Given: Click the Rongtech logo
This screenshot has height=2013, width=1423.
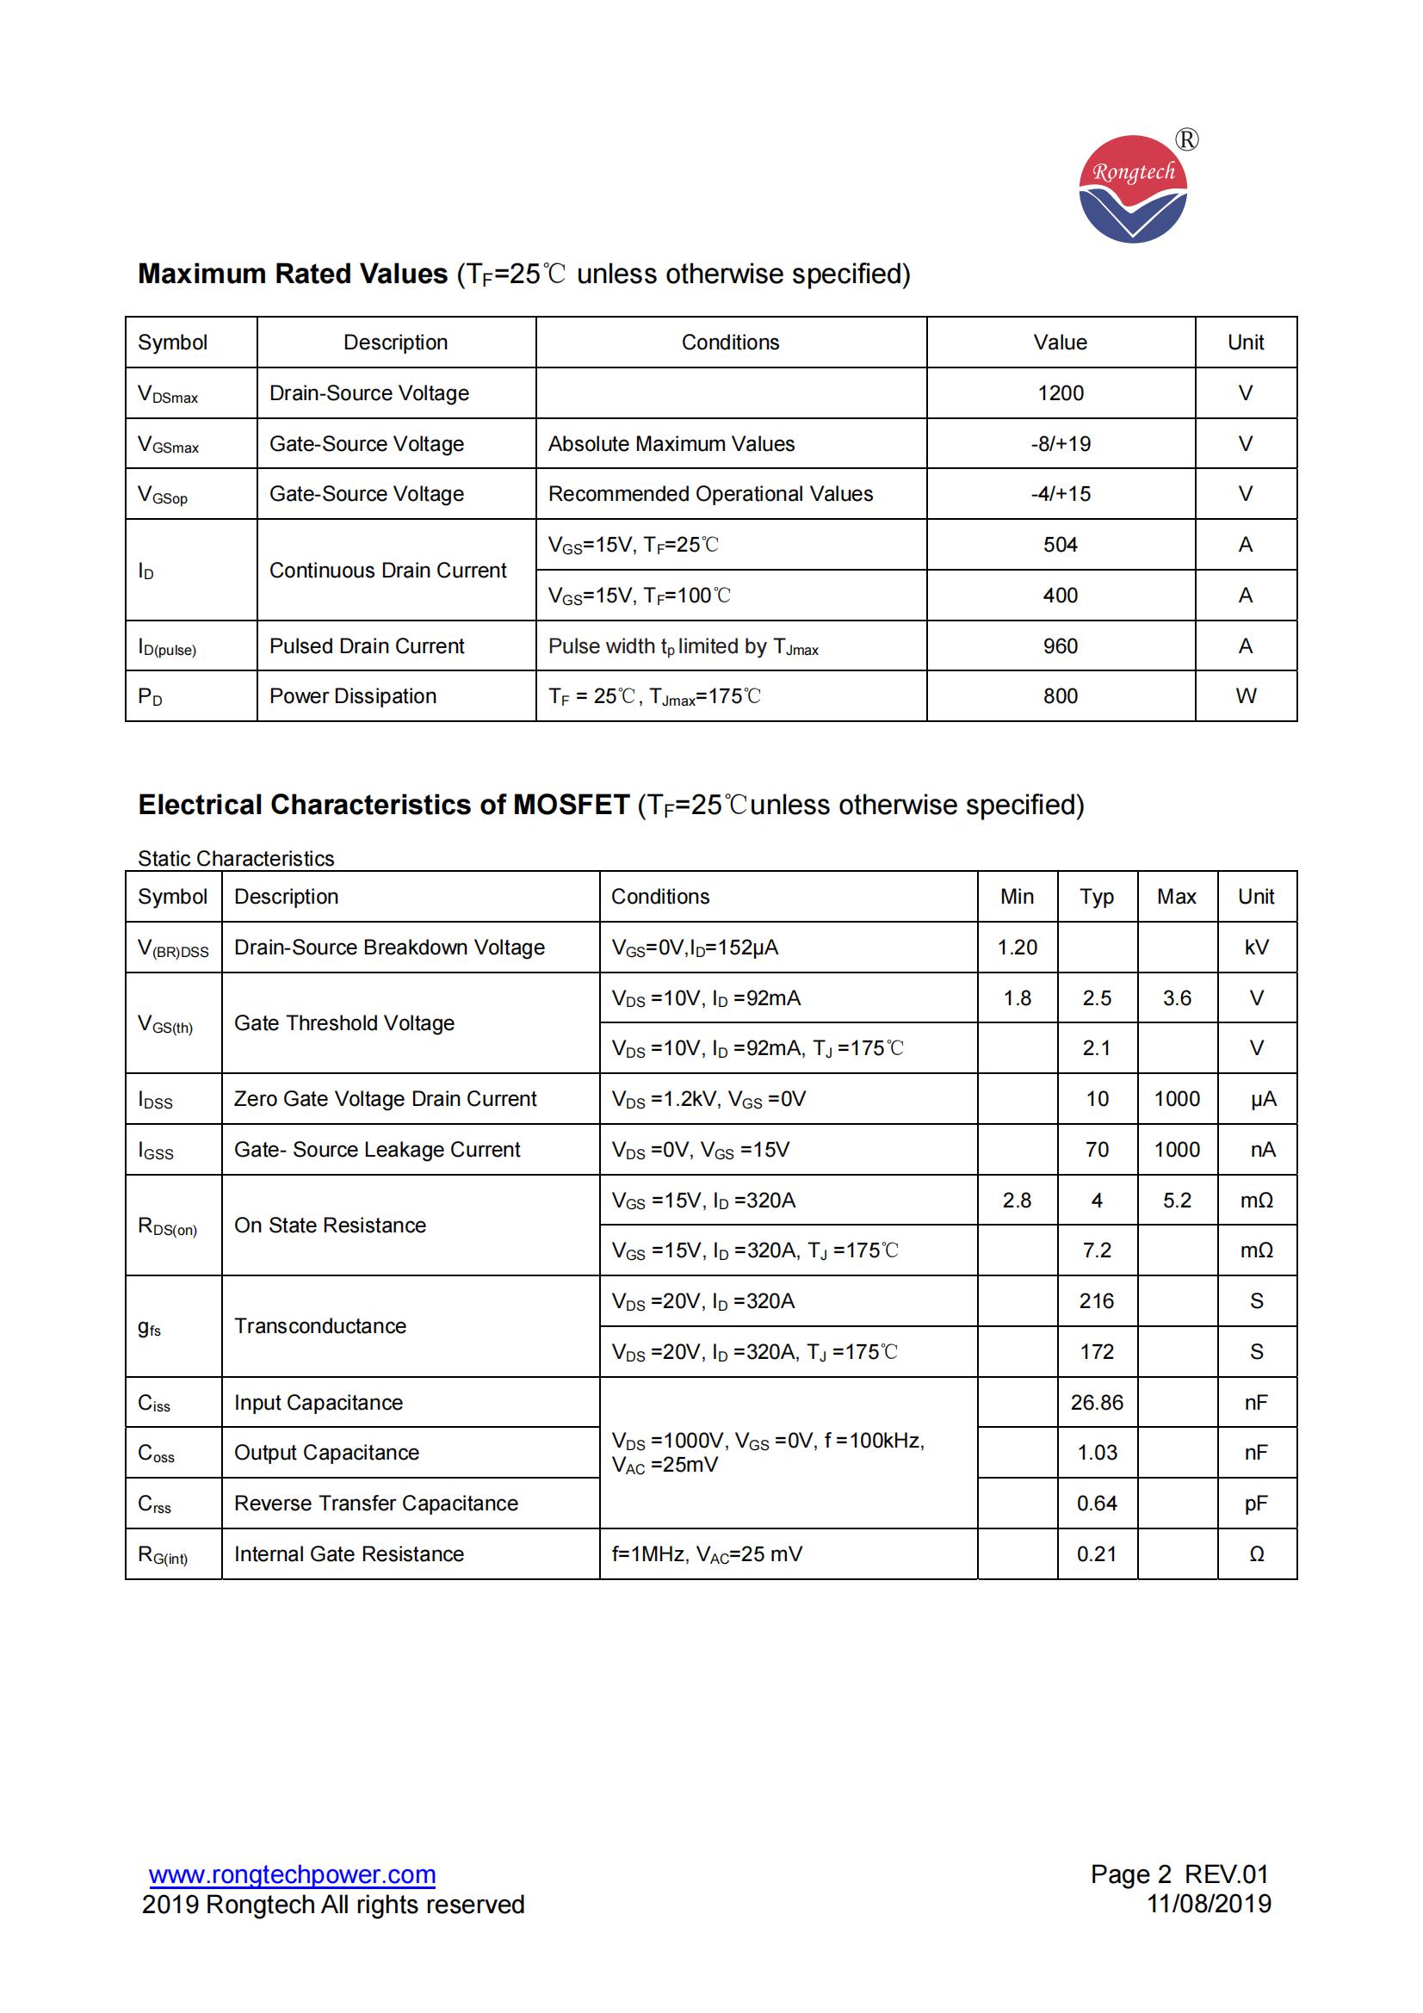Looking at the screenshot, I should (x=1132, y=188).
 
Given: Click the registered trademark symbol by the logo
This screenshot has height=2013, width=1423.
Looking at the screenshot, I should (x=1186, y=140).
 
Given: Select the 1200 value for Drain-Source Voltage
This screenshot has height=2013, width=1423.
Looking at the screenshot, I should (x=1060, y=393).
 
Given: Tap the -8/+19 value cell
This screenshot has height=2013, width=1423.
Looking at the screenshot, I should (x=1060, y=443).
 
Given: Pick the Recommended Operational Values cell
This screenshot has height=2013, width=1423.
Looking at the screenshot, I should (x=710, y=495).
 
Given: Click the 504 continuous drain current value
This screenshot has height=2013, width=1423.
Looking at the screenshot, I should (x=1060, y=546).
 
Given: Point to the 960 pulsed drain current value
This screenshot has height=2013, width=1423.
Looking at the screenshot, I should (x=1060, y=646).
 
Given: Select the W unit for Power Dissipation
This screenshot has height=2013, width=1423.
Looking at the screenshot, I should (x=1245, y=696).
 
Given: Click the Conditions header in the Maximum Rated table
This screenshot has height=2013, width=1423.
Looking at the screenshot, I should (x=730, y=343).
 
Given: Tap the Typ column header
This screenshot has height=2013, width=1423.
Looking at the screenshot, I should (x=1097, y=897).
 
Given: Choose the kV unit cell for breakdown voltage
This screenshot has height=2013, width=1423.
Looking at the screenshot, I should (x=1256, y=948).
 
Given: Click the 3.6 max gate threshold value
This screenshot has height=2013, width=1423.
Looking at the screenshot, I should (x=1177, y=998).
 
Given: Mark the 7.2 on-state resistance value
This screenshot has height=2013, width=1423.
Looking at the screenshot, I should (x=1097, y=1250).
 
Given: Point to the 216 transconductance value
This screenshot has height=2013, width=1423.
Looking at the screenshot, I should (x=1097, y=1301).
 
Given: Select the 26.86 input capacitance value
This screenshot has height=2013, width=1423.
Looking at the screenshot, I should (x=1097, y=1403).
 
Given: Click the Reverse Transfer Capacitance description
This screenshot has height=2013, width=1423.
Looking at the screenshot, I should (x=376, y=1504).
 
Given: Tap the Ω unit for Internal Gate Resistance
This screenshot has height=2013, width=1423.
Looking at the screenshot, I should (x=1256, y=1554).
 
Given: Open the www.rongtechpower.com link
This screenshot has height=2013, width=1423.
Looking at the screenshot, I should (x=292, y=1874).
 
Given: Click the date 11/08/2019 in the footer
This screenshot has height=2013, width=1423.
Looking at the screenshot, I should (x=1209, y=1904).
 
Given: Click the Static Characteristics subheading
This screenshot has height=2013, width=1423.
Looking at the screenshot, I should (x=236, y=858).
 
